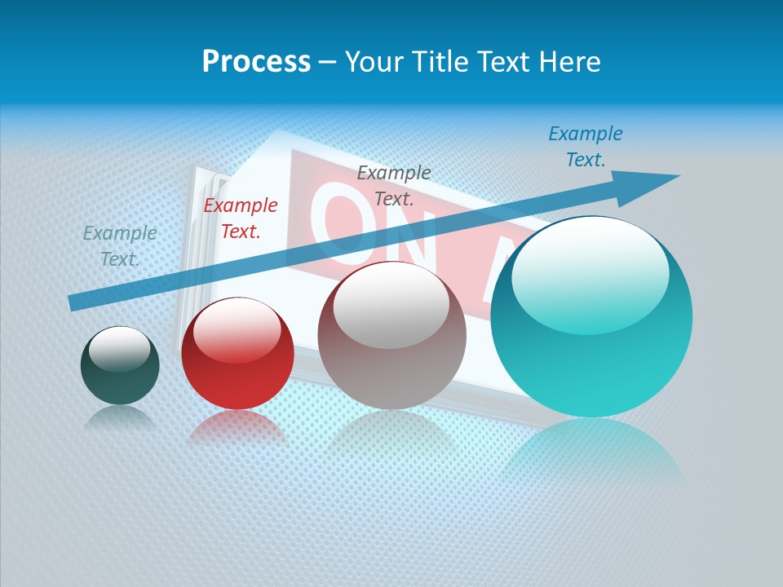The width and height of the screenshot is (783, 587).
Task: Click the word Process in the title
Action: (x=256, y=62)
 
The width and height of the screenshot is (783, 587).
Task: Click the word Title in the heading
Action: (x=440, y=62)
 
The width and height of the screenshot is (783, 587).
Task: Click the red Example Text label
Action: (x=241, y=218)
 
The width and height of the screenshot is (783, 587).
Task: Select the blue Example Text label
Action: (x=586, y=147)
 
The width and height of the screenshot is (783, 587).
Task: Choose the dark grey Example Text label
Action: (x=394, y=185)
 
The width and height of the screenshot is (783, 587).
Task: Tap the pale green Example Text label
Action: (x=120, y=245)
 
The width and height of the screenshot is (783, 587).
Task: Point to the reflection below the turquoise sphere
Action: (x=591, y=448)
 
